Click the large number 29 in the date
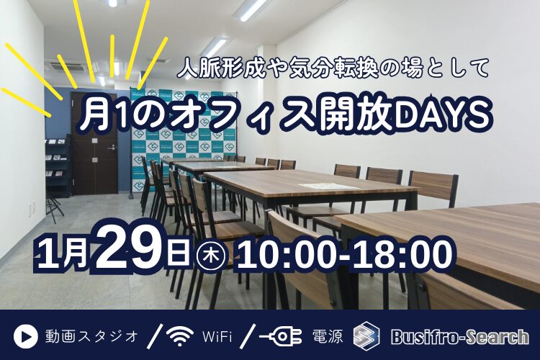click(144, 248)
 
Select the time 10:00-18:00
click(345, 254)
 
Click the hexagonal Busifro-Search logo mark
click(366, 336)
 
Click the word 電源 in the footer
click(327, 336)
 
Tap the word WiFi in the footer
click(217, 336)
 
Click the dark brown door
click(94, 155)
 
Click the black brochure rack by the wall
click(58, 166)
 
